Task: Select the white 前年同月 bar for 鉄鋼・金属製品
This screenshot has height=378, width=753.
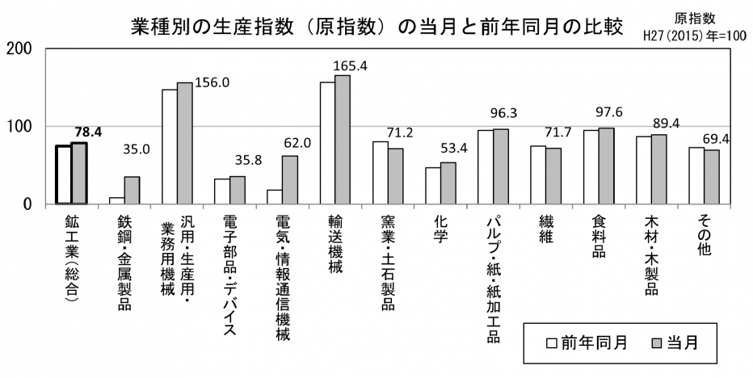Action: [117, 200]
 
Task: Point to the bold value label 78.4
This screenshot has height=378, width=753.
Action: [86, 132]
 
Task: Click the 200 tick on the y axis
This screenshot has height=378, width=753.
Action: [19, 48]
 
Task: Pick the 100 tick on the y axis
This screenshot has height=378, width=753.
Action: [19, 127]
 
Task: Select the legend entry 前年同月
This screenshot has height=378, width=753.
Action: [583, 342]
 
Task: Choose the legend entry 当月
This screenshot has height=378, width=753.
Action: [672, 342]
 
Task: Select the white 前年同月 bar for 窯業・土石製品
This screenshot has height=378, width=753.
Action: [381, 173]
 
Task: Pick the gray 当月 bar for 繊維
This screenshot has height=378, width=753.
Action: [553, 176]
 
